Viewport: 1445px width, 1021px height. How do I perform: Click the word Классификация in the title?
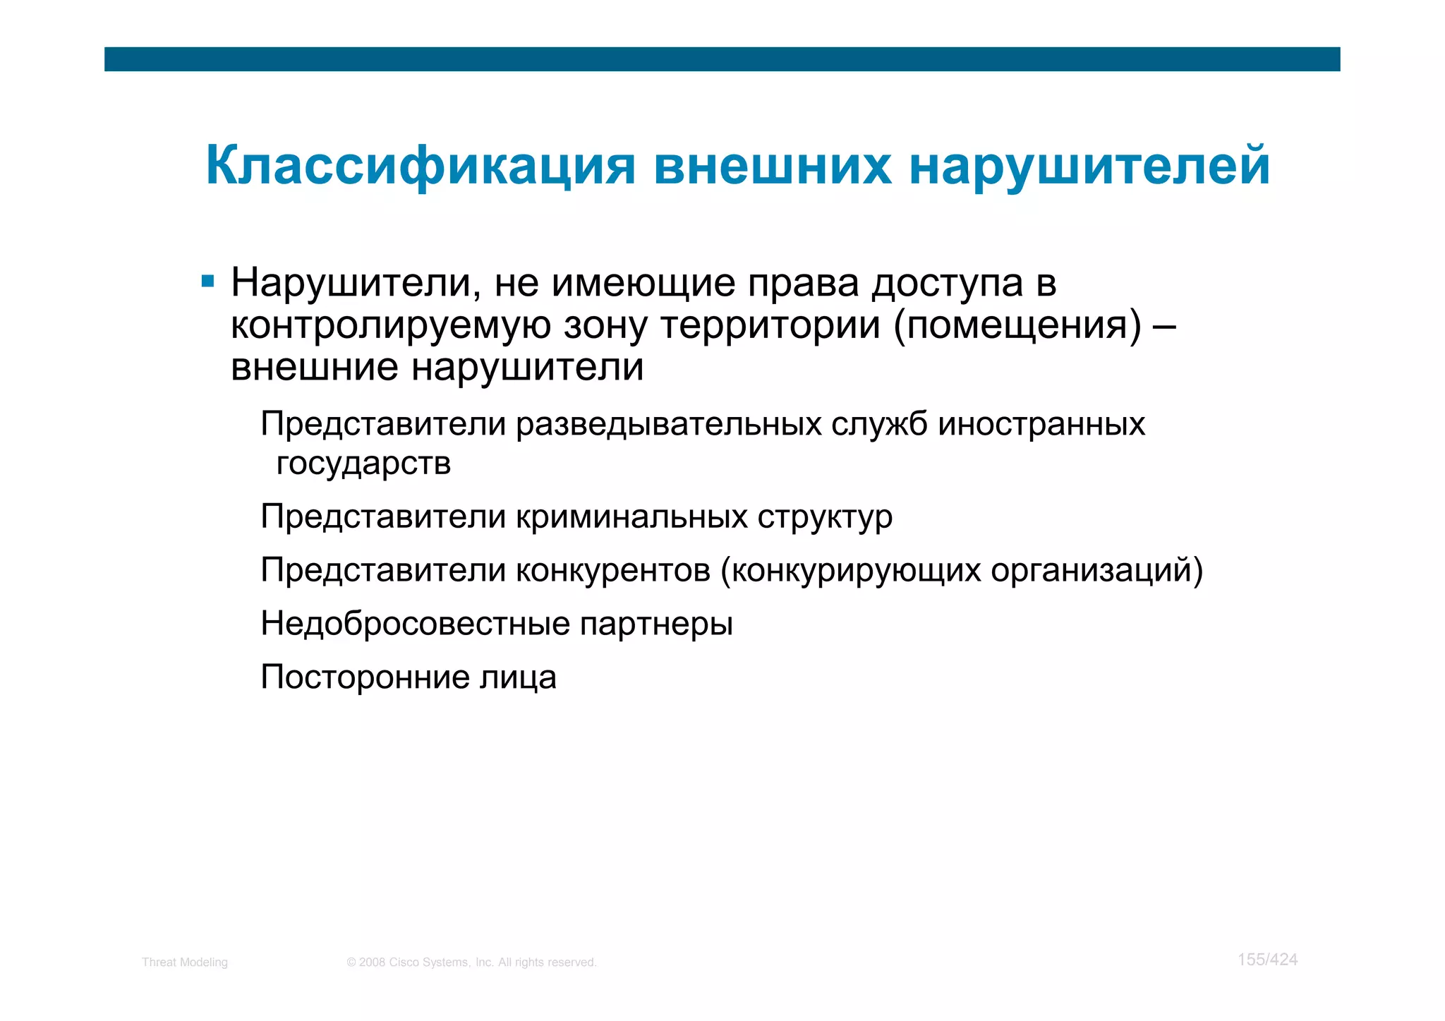click(x=421, y=167)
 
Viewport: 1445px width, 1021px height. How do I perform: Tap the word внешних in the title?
click(x=772, y=167)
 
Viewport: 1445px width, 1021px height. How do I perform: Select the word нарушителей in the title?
click(x=1090, y=167)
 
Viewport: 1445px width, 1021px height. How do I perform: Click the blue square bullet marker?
click(x=207, y=282)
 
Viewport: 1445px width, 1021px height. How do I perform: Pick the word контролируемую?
click(x=391, y=326)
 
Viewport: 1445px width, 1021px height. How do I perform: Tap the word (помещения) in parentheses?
click(x=1017, y=326)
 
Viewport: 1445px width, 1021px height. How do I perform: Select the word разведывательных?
click(x=668, y=425)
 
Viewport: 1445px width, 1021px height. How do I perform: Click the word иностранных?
click(x=1041, y=425)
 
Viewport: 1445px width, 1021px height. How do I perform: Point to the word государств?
click(x=363, y=464)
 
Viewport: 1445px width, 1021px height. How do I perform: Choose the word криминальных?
click(x=631, y=517)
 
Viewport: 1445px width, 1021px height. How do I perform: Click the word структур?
click(x=825, y=517)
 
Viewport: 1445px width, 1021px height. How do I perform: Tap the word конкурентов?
click(x=613, y=571)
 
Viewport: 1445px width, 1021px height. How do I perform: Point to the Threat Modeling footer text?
click(x=185, y=962)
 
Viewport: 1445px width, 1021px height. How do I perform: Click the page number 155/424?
click(x=1267, y=960)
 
